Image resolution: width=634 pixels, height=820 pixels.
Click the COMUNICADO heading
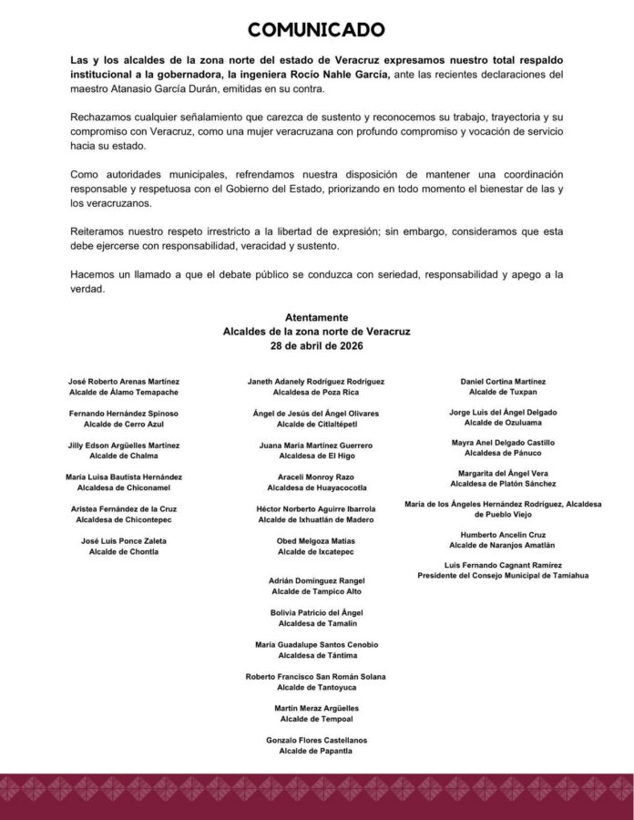click(x=316, y=30)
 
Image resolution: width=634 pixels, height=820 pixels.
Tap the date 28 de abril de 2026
click(x=316, y=347)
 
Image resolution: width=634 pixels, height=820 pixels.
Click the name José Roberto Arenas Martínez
click(x=124, y=381)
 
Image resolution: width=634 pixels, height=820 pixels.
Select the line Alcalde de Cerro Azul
click(x=124, y=424)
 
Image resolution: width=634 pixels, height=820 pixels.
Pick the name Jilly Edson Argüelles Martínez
click(x=124, y=445)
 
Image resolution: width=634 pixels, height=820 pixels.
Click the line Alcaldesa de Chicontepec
click(x=124, y=519)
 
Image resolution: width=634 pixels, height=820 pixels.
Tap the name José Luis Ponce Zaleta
click(x=124, y=540)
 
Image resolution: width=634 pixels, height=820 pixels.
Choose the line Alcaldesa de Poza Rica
click(x=316, y=392)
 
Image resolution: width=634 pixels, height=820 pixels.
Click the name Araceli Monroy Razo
click(x=316, y=477)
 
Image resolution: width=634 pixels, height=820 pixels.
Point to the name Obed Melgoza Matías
click(x=316, y=540)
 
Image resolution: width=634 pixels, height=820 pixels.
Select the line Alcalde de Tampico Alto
click(x=316, y=591)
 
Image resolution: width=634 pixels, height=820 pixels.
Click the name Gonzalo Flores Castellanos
click(x=316, y=740)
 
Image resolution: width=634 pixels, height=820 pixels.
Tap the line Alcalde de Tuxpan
click(x=504, y=391)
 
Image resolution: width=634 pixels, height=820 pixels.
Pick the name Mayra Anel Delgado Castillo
click(x=504, y=442)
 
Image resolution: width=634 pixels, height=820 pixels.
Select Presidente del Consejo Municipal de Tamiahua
click(x=504, y=575)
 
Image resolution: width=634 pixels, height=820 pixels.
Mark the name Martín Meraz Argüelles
click(x=316, y=708)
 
